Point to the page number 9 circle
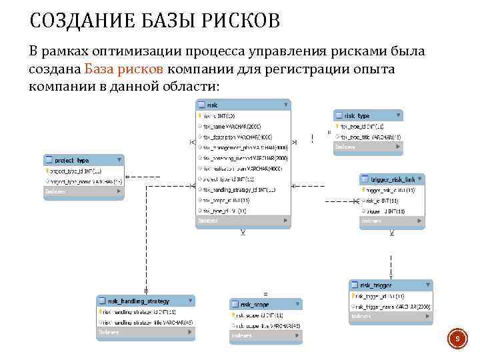tap(457, 340)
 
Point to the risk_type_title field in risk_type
tap(370, 136)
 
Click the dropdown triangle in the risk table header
tap(285, 105)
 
